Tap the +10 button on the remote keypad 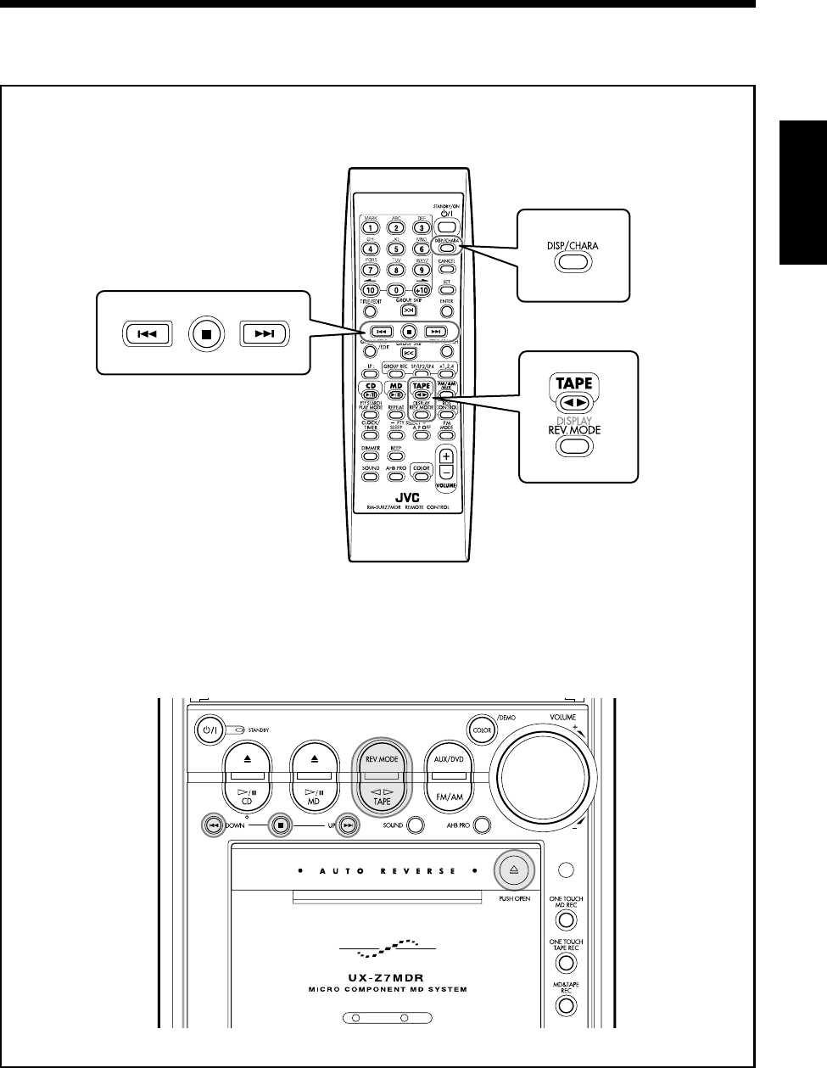pyautogui.click(x=422, y=290)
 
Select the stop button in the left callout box pyautogui.click(x=206, y=333)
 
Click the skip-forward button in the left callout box pyautogui.click(x=264, y=333)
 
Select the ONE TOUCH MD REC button pyautogui.click(x=567, y=920)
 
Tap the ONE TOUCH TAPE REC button pyautogui.click(x=567, y=962)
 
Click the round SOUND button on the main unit pyautogui.click(x=415, y=824)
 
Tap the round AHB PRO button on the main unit pyautogui.click(x=483, y=824)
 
